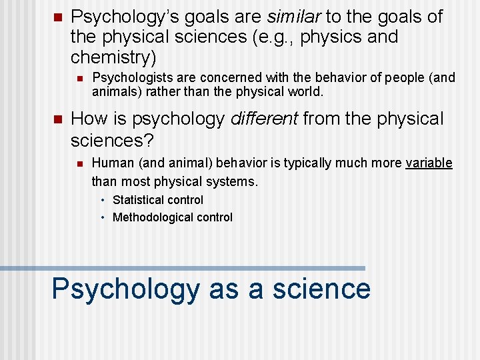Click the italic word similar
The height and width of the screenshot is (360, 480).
tap(293, 17)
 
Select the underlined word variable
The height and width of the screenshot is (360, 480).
tap(429, 163)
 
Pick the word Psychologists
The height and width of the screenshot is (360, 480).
tap(130, 78)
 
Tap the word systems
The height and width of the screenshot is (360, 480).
tap(233, 181)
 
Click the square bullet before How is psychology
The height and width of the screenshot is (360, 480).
tap(56, 119)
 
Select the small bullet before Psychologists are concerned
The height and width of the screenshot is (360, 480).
tap(79, 79)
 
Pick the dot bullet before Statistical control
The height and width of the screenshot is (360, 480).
tap(103, 201)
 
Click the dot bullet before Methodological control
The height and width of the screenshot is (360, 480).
tap(103, 218)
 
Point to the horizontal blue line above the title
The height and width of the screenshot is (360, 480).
tap(183, 268)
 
